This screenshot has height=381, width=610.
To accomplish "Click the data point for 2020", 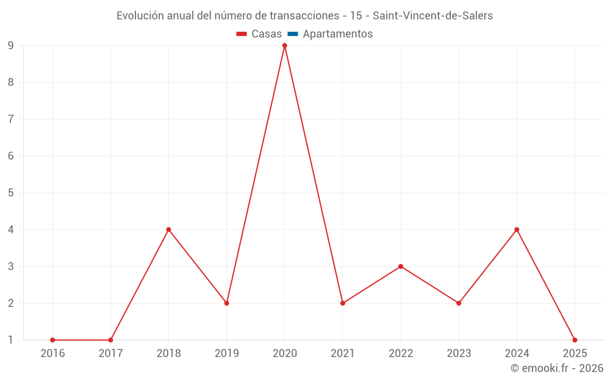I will (x=285, y=46).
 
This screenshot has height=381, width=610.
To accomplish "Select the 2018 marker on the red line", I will (x=168, y=230).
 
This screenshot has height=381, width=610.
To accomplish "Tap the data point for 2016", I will (x=52, y=340).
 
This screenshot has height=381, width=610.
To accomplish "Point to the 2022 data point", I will (x=401, y=266).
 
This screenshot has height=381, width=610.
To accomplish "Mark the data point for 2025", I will (x=575, y=340).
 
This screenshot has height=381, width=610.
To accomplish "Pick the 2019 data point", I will (x=226, y=303).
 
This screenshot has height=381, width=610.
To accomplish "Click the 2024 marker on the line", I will (x=517, y=230).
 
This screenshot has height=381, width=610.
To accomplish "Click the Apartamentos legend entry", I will (x=337, y=34).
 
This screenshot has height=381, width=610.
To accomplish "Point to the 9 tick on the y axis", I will (x=11, y=46).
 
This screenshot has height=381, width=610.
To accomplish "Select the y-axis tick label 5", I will (x=11, y=193).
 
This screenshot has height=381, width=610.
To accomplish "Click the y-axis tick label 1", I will (x=11, y=340).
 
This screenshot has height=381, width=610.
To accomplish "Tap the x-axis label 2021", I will (x=343, y=354).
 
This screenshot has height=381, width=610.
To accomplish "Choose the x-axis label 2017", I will (x=110, y=354).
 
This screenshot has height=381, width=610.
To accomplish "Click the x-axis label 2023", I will (x=459, y=354).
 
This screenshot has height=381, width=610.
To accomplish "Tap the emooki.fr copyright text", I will (x=557, y=368).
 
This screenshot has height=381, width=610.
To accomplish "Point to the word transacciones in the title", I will (x=303, y=16).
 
